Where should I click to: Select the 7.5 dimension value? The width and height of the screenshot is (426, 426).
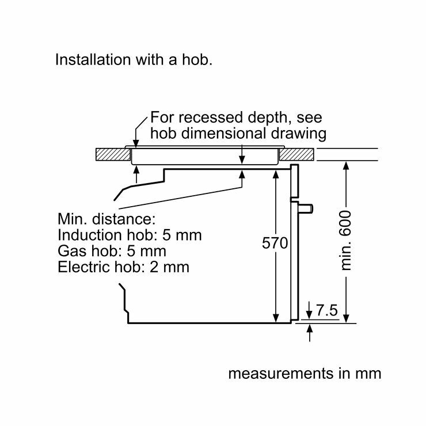326,311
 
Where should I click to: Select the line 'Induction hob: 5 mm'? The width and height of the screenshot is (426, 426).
130,236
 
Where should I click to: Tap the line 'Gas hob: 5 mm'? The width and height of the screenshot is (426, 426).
112,252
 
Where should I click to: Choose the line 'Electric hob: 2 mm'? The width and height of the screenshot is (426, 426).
123,267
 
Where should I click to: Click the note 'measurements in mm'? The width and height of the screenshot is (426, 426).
305,373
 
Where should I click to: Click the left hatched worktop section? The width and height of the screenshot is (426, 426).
111,154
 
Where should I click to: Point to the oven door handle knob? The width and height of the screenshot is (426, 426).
311,206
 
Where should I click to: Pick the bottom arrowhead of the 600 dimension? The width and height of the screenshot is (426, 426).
347,318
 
